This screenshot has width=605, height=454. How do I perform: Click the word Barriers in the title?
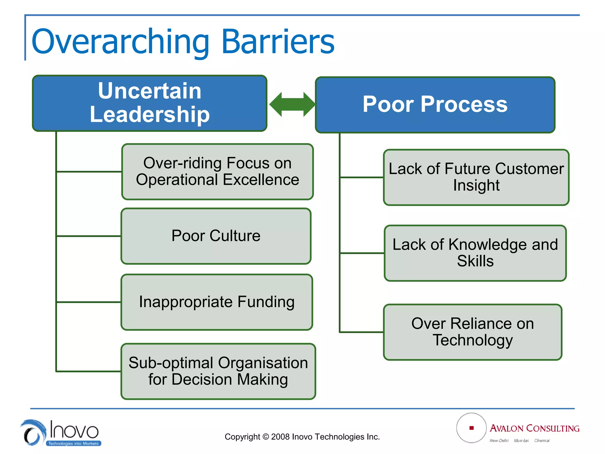[x=278, y=42]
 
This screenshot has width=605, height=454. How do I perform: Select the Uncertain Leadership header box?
[x=149, y=103]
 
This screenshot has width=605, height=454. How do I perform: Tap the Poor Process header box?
[x=435, y=105]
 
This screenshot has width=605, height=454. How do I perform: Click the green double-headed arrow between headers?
[x=292, y=104]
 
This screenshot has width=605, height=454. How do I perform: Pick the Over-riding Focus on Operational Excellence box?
[x=217, y=171]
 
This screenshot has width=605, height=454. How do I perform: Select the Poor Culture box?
[x=216, y=236]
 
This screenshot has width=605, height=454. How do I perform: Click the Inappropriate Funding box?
[x=217, y=302]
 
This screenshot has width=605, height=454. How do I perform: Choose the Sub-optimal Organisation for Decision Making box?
[x=218, y=371]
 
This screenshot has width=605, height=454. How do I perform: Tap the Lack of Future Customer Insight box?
[x=476, y=177]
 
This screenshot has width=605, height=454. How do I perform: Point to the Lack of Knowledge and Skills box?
[x=475, y=253]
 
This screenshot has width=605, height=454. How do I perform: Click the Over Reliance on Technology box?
[x=472, y=332]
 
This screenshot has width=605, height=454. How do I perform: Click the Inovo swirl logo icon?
[x=33, y=432]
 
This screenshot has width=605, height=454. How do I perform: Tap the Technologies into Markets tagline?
[x=73, y=443]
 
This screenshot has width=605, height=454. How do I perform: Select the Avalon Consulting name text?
[x=534, y=428]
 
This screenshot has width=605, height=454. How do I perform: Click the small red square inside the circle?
[x=471, y=428]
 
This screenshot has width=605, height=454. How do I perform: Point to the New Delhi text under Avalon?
[x=499, y=441]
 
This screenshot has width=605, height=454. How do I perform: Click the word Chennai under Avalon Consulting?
[x=542, y=441]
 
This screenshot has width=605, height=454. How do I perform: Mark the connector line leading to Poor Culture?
[x=89, y=236]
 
